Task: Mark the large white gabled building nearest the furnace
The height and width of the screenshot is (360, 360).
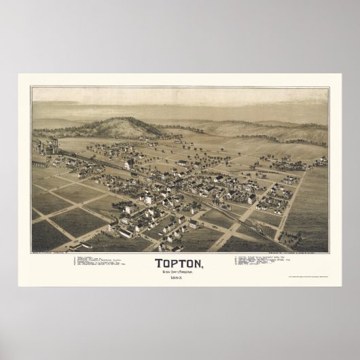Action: click(x=128, y=164)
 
